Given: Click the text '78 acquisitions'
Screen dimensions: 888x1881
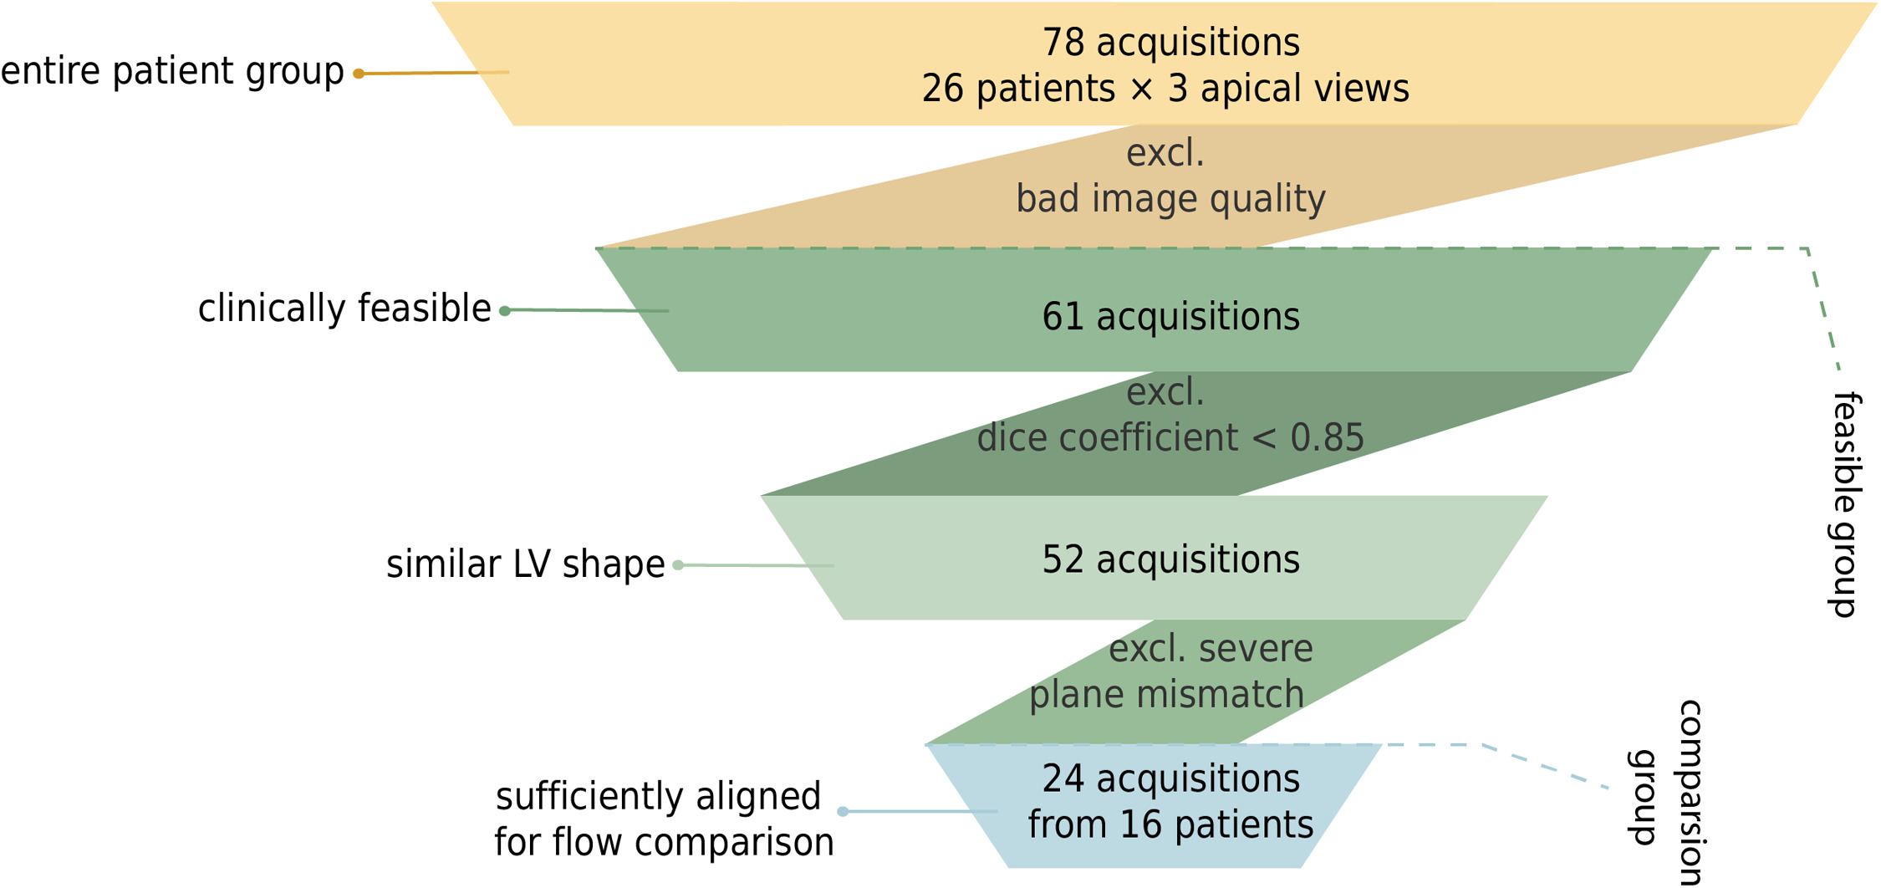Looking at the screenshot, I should point(1170,43).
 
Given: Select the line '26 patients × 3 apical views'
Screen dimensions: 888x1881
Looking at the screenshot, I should point(1165,89).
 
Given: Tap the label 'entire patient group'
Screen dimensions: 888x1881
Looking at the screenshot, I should point(172,71).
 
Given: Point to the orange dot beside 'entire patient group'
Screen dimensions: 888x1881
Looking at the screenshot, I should point(359,74).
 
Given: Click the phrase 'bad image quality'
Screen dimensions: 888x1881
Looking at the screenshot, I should point(1170,199).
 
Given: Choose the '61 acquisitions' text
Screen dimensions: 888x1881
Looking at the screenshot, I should point(1170,317).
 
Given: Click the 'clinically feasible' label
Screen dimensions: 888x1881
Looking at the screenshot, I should point(344,309).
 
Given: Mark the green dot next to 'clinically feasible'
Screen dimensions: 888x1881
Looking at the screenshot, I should point(505,311).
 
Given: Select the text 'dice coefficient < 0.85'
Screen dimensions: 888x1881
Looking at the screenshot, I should point(1170,438).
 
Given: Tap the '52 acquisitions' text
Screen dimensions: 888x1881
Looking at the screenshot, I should point(1170,559).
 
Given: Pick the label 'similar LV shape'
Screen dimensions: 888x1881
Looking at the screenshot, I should point(525,564).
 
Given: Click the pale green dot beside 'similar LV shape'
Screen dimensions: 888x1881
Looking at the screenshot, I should point(678,565).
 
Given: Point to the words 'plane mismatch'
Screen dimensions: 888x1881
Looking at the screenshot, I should point(1166,695).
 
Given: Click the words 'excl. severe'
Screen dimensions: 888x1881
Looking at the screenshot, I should point(1211,649).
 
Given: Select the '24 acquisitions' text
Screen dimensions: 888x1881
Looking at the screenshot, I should point(1170,778).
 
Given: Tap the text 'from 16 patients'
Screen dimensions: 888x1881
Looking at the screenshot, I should point(1170,825).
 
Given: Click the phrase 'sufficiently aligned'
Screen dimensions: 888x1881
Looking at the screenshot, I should point(658,796).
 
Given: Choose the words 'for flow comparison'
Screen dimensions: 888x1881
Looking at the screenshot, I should point(664,843).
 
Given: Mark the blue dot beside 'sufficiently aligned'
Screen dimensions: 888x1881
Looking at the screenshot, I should point(843,811).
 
